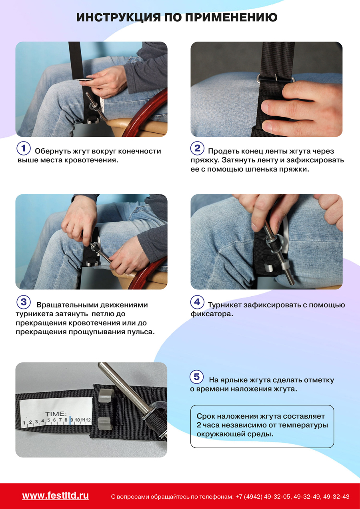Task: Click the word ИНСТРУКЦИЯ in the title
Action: (118, 17)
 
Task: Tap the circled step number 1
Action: (24, 148)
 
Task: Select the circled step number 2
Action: (197, 148)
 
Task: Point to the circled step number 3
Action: (24, 302)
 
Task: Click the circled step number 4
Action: (197, 302)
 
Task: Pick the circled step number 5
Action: (196, 377)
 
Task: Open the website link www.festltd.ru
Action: (56, 496)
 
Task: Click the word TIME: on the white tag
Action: (56, 414)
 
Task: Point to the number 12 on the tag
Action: (88, 420)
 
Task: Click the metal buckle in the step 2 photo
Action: (276, 79)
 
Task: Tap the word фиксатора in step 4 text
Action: (212, 314)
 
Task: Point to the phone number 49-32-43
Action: (336, 497)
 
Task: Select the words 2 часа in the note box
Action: (208, 425)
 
